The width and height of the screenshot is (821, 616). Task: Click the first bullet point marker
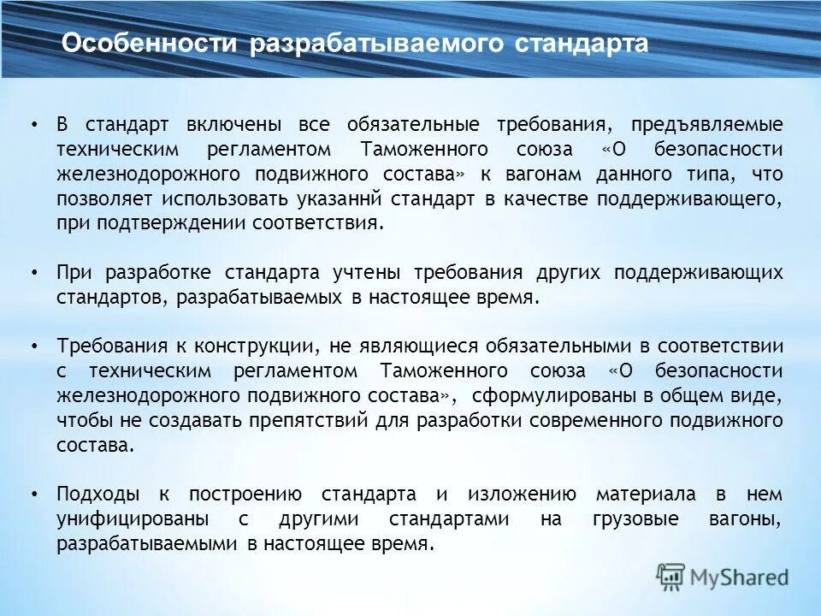point(33,125)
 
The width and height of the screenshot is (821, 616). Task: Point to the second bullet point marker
point(33,274)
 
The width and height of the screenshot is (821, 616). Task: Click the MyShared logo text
point(740,577)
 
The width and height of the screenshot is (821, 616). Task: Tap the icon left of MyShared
point(670,577)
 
